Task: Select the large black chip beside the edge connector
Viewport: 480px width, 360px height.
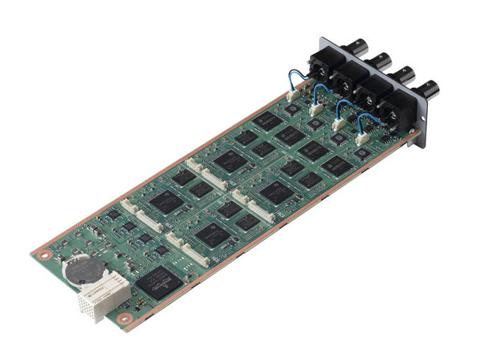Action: [x=159, y=281]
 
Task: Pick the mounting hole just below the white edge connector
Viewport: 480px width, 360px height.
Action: [x=123, y=318]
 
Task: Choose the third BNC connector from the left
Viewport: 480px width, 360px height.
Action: [x=404, y=74]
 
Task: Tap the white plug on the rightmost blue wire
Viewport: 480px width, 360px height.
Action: [x=362, y=138]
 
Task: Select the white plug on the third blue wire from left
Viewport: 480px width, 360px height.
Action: [x=339, y=125]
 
